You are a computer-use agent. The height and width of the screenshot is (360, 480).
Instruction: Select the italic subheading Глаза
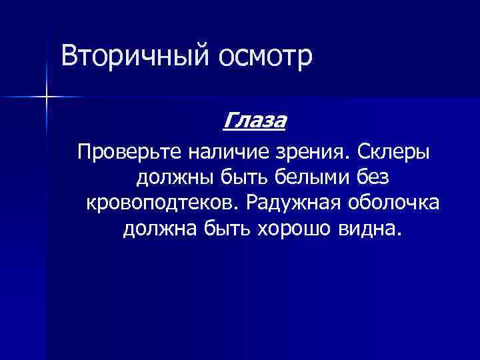click(254, 121)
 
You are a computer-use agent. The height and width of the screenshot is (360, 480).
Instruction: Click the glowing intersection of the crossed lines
click(47, 97)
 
